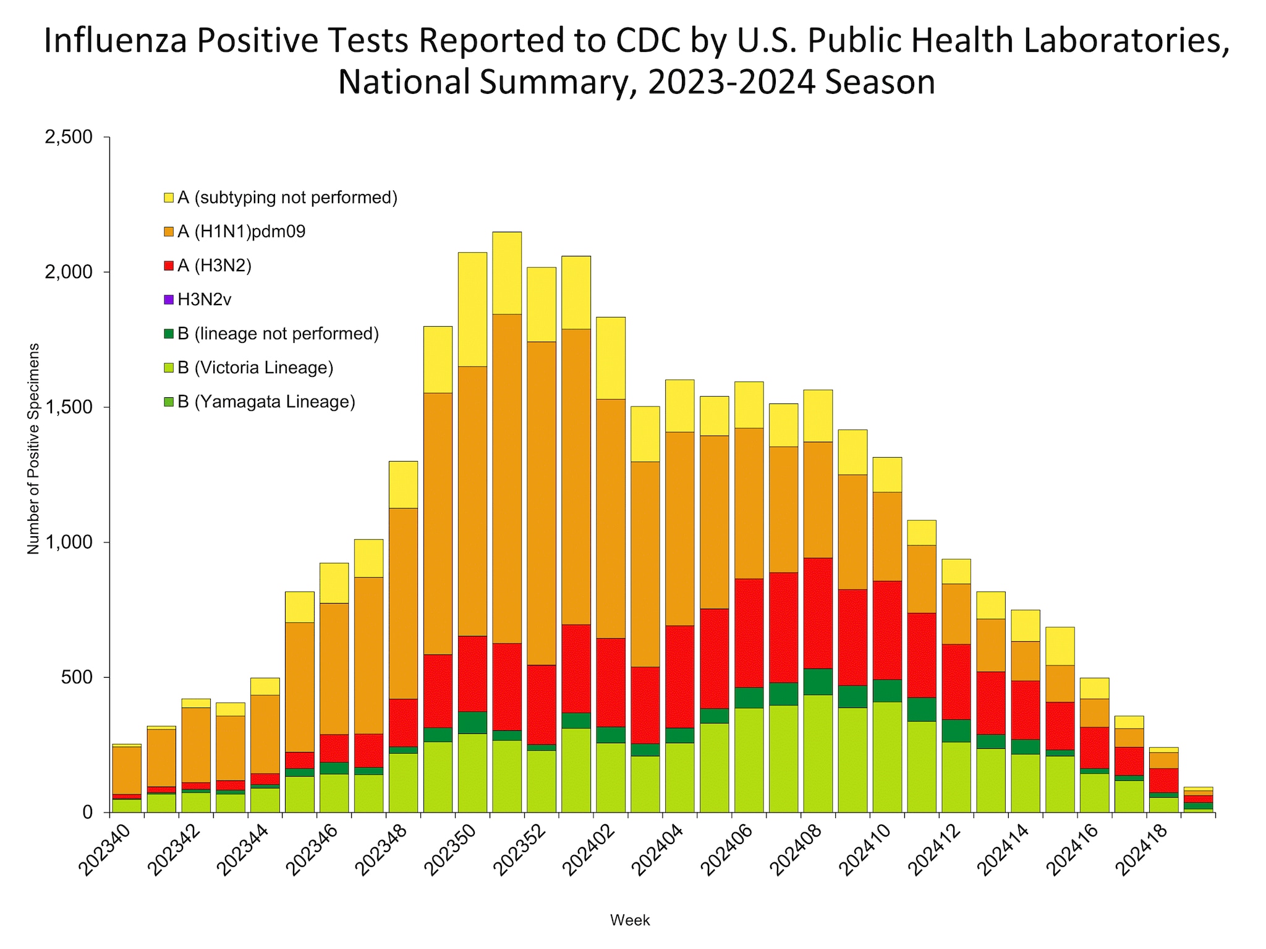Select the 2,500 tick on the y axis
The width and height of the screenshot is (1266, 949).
click(x=69, y=137)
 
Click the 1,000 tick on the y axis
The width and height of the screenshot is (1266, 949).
click(x=69, y=542)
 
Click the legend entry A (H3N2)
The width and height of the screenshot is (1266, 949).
click(x=215, y=266)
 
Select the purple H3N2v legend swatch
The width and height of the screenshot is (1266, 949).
click(x=169, y=300)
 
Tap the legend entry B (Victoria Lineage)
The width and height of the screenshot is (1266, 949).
click(x=255, y=368)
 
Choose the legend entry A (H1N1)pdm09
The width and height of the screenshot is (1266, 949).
click(x=241, y=232)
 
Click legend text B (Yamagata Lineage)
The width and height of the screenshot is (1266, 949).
click(x=266, y=402)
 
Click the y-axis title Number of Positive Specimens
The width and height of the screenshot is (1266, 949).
click(x=33, y=449)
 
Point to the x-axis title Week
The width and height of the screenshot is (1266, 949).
click(x=630, y=920)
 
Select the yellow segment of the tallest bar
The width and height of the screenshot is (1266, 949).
click(x=507, y=272)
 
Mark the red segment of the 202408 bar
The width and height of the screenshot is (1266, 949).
click(x=818, y=613)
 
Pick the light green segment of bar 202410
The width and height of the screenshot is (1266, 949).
click(x=887, y=757)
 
